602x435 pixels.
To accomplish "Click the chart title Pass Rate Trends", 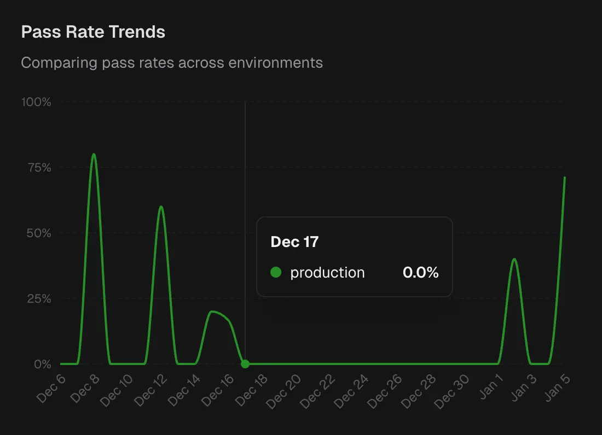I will coord(93,32).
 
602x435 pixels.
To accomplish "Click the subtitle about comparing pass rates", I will coord(172,63).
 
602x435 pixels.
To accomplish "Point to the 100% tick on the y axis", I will coord(36,102).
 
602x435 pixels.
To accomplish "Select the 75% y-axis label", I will coord(38,168).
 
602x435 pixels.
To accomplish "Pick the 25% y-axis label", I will coord(38,299).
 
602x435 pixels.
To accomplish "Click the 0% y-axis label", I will coord(42,365).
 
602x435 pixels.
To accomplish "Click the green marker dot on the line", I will coord(245,364).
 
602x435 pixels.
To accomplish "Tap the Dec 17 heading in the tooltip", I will coord(294,242).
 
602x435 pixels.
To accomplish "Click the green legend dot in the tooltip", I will coord(276,272).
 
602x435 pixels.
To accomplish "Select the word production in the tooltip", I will coord(327,273).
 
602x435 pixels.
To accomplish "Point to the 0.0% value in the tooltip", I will coord(420,273).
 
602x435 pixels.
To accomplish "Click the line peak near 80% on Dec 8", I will coord(94,154).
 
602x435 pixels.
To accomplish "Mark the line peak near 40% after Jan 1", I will coord(514,259).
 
